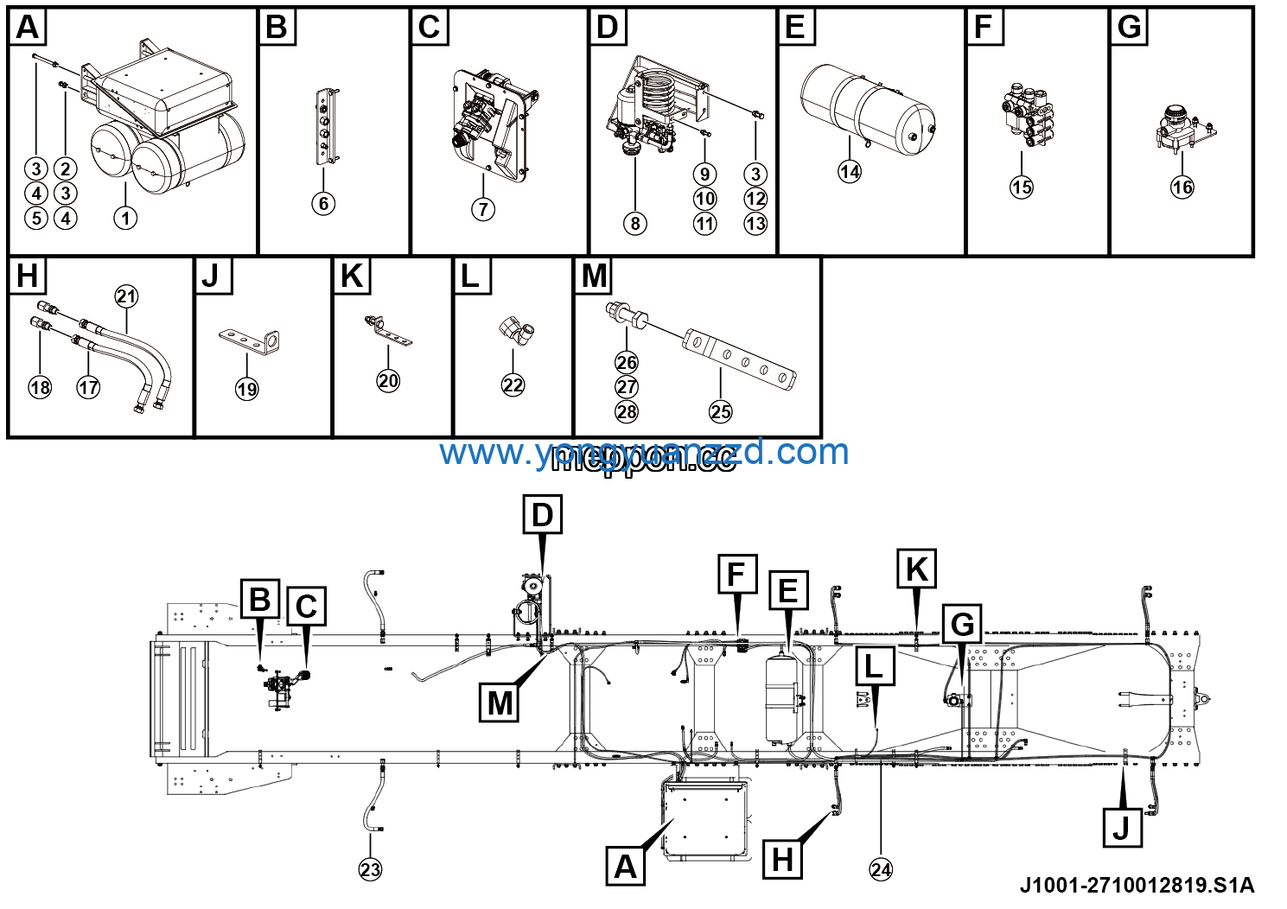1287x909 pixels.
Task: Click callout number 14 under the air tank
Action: (x=850, y=172)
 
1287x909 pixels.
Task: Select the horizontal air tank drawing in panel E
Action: (x=867, y=111)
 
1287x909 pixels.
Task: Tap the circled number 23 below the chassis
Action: (x=370, y=869)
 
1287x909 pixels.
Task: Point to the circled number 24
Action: (x=881, y=869)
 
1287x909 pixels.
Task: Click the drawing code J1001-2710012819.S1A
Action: (x=1137, y=886)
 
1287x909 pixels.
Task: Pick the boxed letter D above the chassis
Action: (x=542, y=515)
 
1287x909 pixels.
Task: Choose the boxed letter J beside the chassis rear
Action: (x=1122, y=827)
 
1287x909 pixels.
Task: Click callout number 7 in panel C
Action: (x=483, y=209)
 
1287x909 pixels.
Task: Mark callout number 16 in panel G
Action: (x=1182, y=188)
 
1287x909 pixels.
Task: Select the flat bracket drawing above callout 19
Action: (x=250, y=340)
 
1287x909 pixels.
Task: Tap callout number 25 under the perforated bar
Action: (x=721, y=412)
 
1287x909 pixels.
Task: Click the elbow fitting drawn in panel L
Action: (x=516, y=332)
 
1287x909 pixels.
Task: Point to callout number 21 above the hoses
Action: (x=126, y=296)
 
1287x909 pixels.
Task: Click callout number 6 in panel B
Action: (x=323, y=204)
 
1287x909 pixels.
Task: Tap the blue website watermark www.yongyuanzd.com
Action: (x=644, y=452)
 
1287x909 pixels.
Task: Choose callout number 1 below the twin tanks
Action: (x=125, y=218)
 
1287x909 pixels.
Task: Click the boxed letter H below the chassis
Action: (x=782, y=860)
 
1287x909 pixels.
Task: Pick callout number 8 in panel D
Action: (x=635, y=224)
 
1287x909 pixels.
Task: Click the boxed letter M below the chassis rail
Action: (x=500, y=702)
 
